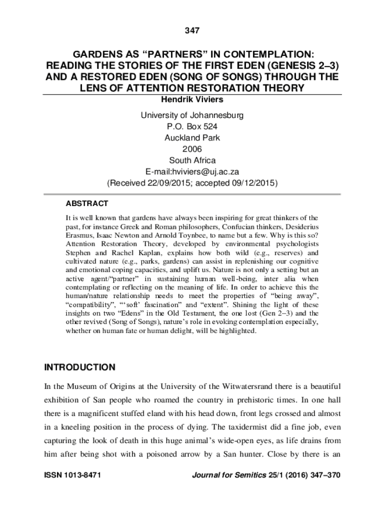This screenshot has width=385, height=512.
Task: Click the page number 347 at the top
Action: (x=192, y=31)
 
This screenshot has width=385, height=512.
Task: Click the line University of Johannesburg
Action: (x=192, y=115)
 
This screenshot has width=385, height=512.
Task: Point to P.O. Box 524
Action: (x=192, y=127)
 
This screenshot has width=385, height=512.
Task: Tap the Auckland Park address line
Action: (x=192, y=138)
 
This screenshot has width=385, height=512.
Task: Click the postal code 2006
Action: (x=192, y=149)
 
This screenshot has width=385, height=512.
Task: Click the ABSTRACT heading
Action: (x=87, y=204)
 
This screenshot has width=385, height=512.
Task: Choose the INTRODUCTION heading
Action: (x=79, y=367)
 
